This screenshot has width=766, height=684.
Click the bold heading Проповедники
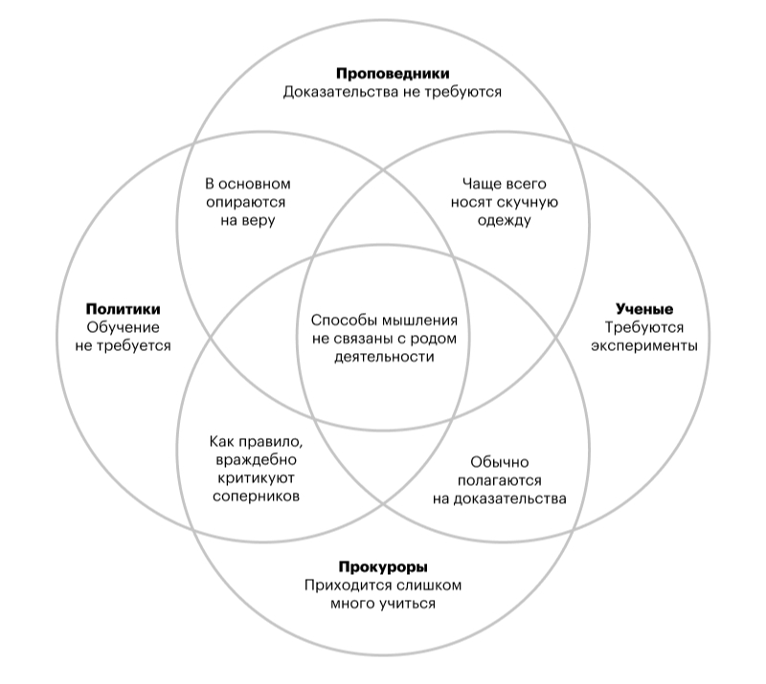[393, 74]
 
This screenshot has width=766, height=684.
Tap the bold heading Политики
[124, 309]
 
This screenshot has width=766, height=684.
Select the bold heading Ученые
[644, 309]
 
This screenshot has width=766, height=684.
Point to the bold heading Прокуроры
[383, 567]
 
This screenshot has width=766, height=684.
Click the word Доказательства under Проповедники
[341, 92]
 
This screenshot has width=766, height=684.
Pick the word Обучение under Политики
[124, 327]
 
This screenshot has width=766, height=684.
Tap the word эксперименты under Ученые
[644, 346]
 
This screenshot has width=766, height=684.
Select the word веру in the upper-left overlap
[258, 221]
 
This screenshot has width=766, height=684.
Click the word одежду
[505, 221]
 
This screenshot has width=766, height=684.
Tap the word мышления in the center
[419, 320]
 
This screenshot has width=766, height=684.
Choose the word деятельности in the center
[384, 357]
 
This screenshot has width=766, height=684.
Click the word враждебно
[256, 460]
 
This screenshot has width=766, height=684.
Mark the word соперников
[256, 496]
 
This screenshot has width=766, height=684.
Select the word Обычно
[499, 462]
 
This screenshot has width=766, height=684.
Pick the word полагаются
[499, 481]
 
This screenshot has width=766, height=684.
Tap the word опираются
[245, 203]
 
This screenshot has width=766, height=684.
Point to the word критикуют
[256, 478]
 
